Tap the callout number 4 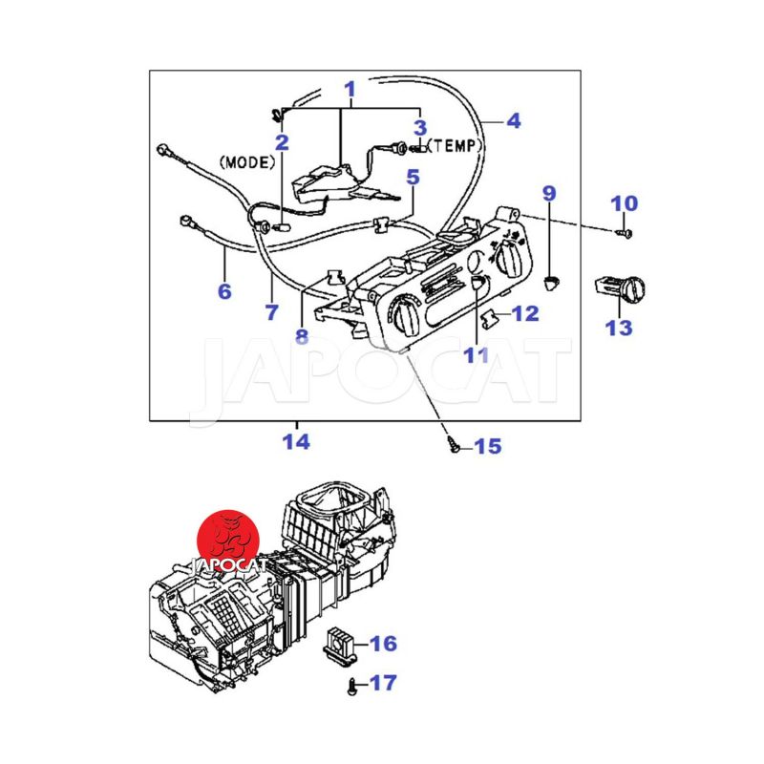(x=513, y=121)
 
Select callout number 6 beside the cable (x=224, y=291)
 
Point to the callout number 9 (x=549, y=194)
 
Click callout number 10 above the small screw (x=625, y=203)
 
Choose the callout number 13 (x=619, y=328)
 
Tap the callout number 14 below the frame (x=296, y=442)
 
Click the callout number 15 (x=487, y=446)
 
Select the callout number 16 (x=383, y=644)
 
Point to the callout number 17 (x=383, y=683)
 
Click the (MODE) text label (x=247, y=162)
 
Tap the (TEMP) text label (x=454, y=146)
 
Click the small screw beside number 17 (x=354, y=684)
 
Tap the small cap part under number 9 (x=551, y=281)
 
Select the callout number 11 (x=476, y=356)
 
